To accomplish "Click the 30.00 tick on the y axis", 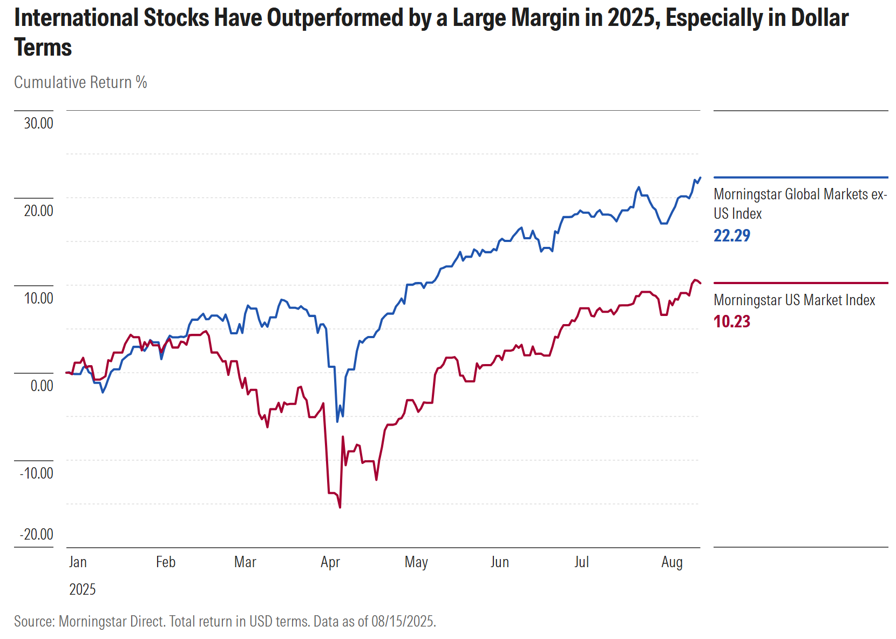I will pos(38,123).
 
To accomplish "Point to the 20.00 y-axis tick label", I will pos(38,211).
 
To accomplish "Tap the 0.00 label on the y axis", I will pos(42,386).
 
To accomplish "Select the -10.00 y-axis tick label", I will pos(37,473).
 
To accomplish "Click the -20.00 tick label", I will pos(37,534).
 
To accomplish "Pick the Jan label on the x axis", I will pos(78,562).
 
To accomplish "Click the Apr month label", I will pos(330,562).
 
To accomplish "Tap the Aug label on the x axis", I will pos(672,562).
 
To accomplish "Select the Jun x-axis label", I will pos(499,562).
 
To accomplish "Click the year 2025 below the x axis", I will pos(82,589).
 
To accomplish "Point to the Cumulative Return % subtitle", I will pos(80,82).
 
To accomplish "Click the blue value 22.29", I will pos(732,236).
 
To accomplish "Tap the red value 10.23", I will pos(732,321).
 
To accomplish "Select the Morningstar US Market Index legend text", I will pos(794,300).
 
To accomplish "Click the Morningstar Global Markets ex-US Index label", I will pos(800,204).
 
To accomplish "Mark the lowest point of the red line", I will pos(340,507).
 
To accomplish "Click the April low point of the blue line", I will pos(337,421).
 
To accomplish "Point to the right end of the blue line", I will pos(700,178).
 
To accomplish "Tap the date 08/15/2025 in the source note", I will pos(403,621).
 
